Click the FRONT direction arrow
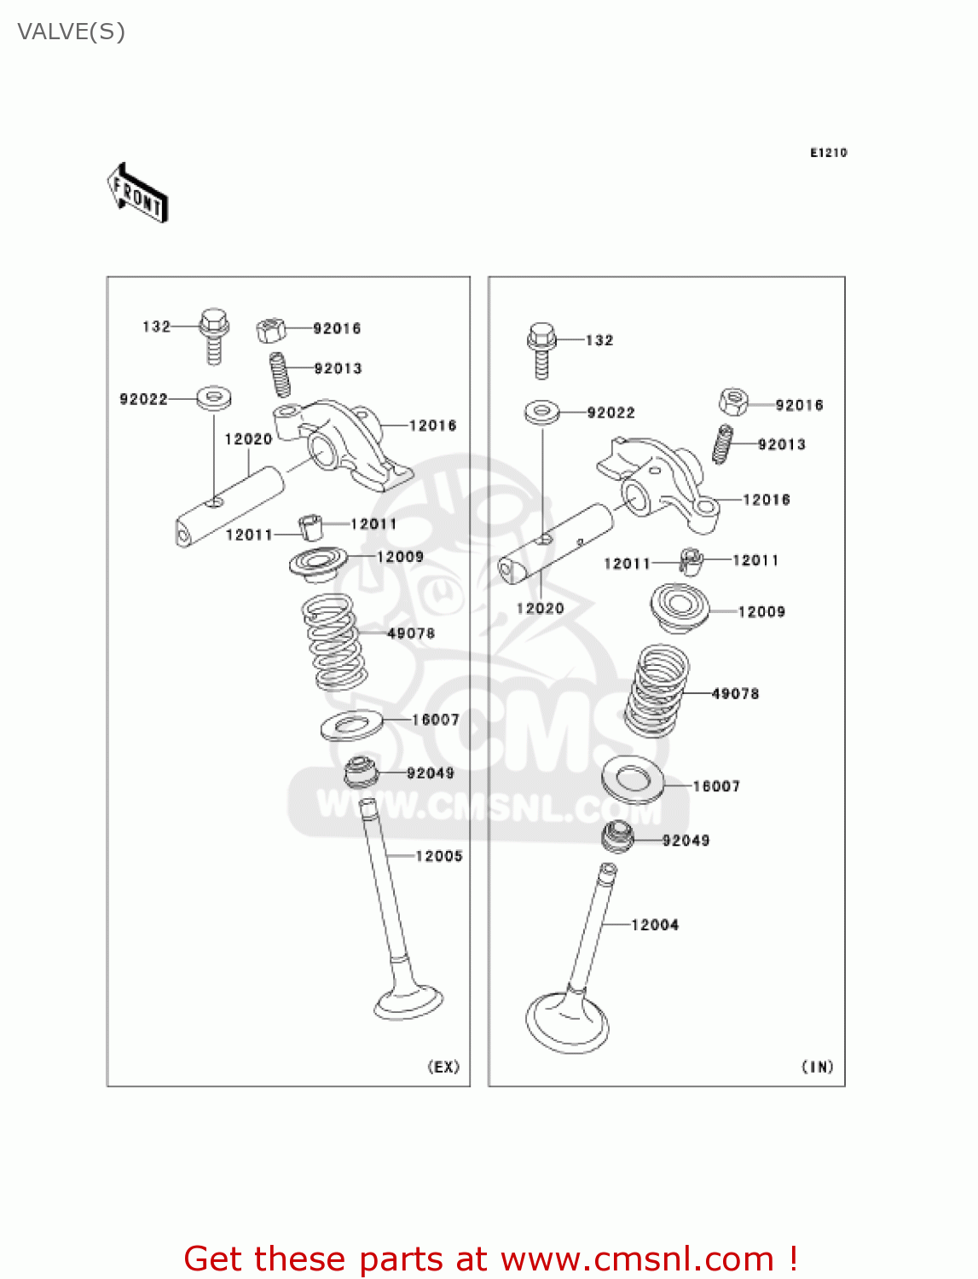pyautogui.click(x=137, y=194)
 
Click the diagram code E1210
pyautogui.click(x=828, y=153)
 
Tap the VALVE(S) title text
pyautogui.click(x=72, y=32)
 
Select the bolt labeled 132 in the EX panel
pyautogui.click(x=213, y=334)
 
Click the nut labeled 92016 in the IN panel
pyautogui.click(x=733, y=401)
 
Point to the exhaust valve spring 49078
pyautogui.click(x=334, y=641)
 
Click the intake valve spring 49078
pyautogui.click(x=657, y=691)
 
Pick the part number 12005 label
pyautogui.click(x=439, y=856)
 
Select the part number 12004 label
pyautogui.click(x=655, y=925)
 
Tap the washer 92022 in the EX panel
pyautogui.click(x=215, y=397)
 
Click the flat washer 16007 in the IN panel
pyautogui.click(x=633, y=778)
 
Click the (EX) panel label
pyautogui.click(x=443, y=1067)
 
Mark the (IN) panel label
pyautogui.click(x=818, y=1067)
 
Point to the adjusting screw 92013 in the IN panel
pyautogui.click(x=723, y=444)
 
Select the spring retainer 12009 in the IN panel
pyautogui.click(x=680, y=606)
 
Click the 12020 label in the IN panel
pyautogui.click(x=541, y=608)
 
